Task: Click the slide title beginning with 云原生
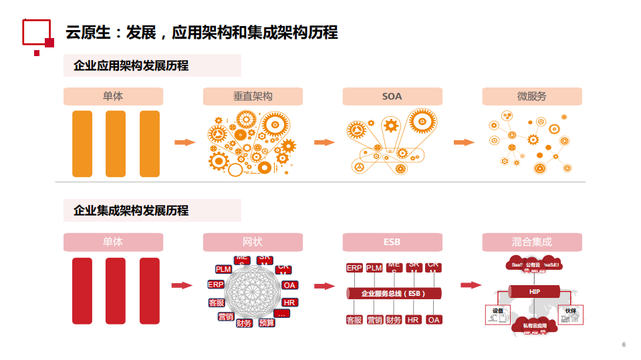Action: [201, 31]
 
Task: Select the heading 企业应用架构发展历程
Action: [131, 65]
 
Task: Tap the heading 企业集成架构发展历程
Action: [131, 210]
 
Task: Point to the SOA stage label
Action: [392, 96]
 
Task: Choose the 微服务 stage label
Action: [531, 96]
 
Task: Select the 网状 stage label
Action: [253, 242]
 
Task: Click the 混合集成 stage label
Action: [531, 242]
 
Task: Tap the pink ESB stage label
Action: [392, 242]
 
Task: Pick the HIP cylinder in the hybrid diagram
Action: [534, 292]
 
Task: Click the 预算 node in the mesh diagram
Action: [267, 323]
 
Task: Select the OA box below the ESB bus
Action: [434, 320]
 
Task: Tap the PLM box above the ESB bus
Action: [374, 268]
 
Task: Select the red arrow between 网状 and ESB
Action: [324, 286]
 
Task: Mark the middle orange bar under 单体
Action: [116, 144]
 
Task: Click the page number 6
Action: [624, 345]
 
